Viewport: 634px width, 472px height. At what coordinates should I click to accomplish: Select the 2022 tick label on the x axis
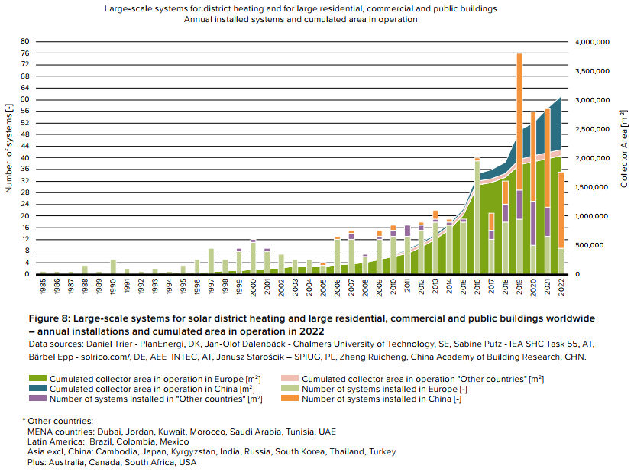[561, 288]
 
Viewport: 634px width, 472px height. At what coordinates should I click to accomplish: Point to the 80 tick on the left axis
[25, 41]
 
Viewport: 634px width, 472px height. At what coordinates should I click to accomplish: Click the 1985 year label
[43, 288]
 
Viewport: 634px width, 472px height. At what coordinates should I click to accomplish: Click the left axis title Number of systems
[9, 149]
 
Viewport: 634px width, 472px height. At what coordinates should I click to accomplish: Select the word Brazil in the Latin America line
[103, 441]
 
